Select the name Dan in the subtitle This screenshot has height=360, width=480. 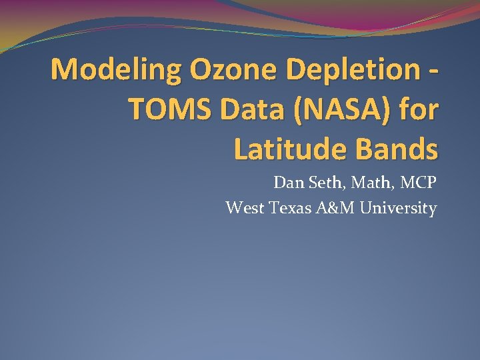coord(287,183)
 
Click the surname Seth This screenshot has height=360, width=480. coord(326,183)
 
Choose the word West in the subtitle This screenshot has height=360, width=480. coord(245,208)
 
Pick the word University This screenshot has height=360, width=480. coord(399,209)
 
